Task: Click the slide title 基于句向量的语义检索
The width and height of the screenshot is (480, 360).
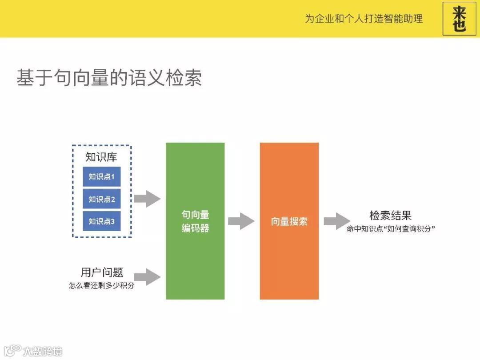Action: tap(109, 78)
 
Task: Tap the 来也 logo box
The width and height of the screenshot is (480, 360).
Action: tap(459, 19)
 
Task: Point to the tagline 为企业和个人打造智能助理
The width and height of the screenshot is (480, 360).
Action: tap(364, 19)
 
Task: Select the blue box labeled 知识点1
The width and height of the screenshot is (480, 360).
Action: tap(101, 177)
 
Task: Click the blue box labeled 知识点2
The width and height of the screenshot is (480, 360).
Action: tap(101, 199)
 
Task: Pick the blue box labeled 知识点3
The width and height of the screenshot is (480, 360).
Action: tap(101, 221)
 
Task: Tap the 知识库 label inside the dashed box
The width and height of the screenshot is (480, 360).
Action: tap(101, 157)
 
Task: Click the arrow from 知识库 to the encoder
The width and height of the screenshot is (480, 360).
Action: tap(147, 199)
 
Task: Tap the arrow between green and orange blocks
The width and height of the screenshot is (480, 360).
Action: tap(241, 221)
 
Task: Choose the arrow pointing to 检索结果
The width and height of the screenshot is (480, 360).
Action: tap(336, 221)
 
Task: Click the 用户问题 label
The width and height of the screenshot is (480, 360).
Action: tap(102, 272)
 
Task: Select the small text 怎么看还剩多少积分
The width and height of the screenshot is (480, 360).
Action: tap(102, 286)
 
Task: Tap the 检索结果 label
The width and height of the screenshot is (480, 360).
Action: tap(390, 216)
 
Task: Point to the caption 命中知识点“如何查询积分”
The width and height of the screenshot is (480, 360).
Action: tap(390, 229)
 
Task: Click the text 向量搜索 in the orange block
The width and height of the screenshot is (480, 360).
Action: tap(289, 221)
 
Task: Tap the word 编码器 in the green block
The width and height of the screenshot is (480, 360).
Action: tap(195, 228)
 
